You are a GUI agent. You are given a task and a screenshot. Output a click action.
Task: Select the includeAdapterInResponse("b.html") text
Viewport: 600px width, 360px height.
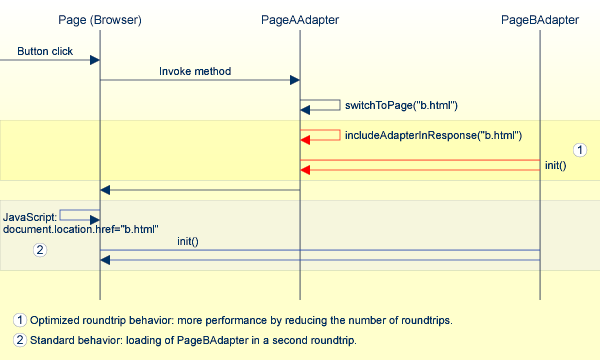click(x=434, y=135)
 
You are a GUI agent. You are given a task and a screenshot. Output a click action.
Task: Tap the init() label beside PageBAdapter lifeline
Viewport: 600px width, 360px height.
click(x=555, y=165)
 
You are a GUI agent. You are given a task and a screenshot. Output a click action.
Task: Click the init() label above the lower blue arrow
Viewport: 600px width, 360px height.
click(x=187, y=241)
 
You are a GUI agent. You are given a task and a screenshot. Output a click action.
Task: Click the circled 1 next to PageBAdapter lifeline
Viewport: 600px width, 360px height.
click(x=578, y=149)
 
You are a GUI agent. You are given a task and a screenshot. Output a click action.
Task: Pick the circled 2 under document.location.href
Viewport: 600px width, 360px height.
click(x=40, y=250)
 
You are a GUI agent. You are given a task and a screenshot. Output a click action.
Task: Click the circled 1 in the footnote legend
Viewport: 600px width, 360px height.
click(x=19, y=321)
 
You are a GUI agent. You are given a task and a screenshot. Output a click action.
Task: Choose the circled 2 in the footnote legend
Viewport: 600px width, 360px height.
click(x=19, y=340)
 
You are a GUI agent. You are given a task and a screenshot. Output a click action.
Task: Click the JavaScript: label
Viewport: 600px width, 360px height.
click(x=30, y=215)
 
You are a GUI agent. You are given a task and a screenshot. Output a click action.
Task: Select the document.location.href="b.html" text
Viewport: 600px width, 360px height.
click(x=80, y=229)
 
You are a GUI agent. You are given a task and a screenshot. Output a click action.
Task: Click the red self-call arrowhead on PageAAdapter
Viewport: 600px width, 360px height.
click(x=306, y=140)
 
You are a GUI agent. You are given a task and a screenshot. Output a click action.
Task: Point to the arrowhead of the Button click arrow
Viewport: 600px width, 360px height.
click(x=95, y=60)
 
